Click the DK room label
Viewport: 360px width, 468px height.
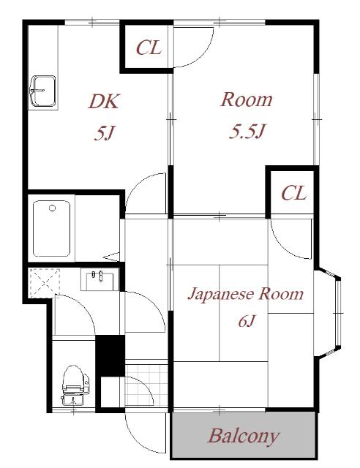(x=104, y=101)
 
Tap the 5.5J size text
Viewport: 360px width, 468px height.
(x=247, y=131)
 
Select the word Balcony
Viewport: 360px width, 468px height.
(x=244, y=437)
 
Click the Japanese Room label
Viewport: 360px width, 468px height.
(x=246, y=294)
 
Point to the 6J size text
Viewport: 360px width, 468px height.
(x=247, y=321)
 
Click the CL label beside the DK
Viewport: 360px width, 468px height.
(x=149, y=48)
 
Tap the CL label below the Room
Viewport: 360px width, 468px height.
(x=293, y=193)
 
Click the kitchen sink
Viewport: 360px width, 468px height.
(x=43, y=91)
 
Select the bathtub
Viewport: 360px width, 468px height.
(x=51, y=228)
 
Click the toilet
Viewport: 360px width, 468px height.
(x=75, y=385)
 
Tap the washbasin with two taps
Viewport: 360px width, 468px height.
(x=100, y=279)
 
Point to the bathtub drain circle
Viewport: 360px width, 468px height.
(x=52, y=208)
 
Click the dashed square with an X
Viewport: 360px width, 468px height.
(x=44, y=283)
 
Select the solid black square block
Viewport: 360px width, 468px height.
(x=110, y=356)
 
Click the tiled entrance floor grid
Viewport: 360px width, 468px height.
(x=146, y=385)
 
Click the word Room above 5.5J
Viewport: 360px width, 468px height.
(x=247, y=99)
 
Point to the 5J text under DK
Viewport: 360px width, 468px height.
(x=104, y=133)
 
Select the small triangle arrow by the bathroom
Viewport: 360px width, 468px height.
(x=113, y=257)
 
